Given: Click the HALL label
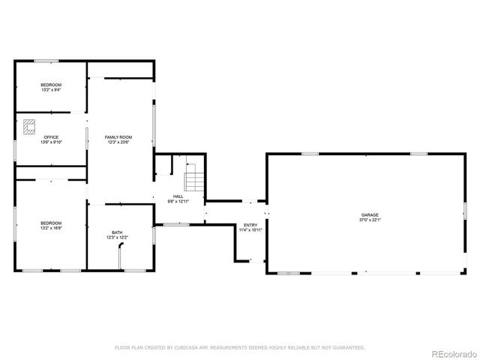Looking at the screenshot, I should pos(178,196).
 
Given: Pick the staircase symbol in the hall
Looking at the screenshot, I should pos(195,181).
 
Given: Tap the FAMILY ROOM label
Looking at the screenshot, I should pos(119,136).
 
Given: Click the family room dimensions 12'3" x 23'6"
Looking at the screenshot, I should pos(119,142).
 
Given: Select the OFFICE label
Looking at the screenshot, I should pos(51,136).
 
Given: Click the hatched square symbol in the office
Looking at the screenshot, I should pos(30,127).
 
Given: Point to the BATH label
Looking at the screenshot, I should pos(118,232).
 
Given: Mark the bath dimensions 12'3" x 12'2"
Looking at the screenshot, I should pos(118,238).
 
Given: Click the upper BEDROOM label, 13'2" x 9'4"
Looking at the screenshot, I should pos(51,85).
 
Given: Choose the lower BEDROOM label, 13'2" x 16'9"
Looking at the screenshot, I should pos(51,223).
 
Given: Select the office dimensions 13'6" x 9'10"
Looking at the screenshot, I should pos(51,142).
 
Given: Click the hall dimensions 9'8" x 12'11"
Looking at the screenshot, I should pos(178,201).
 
